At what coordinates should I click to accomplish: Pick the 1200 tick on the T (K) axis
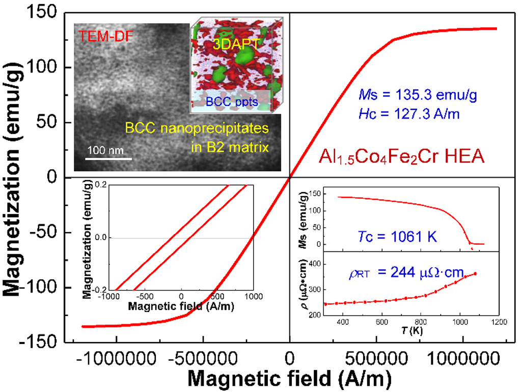499,322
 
